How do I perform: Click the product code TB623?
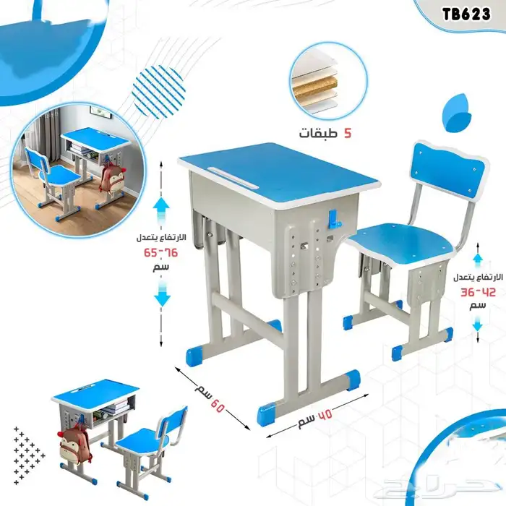click(x=466, y=14)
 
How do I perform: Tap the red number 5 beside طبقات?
click(x=347, y=133)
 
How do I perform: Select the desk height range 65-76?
click(x=160, y=253)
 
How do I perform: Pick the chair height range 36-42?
click(x=478, y=292)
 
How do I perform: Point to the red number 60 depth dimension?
click(x=218, y=406)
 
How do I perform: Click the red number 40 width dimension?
click(x=325, y=415)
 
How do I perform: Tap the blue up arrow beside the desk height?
click(x=161, y=209)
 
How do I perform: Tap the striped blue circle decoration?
click(x=159, y=92)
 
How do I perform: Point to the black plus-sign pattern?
click(x=29, y=455)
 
